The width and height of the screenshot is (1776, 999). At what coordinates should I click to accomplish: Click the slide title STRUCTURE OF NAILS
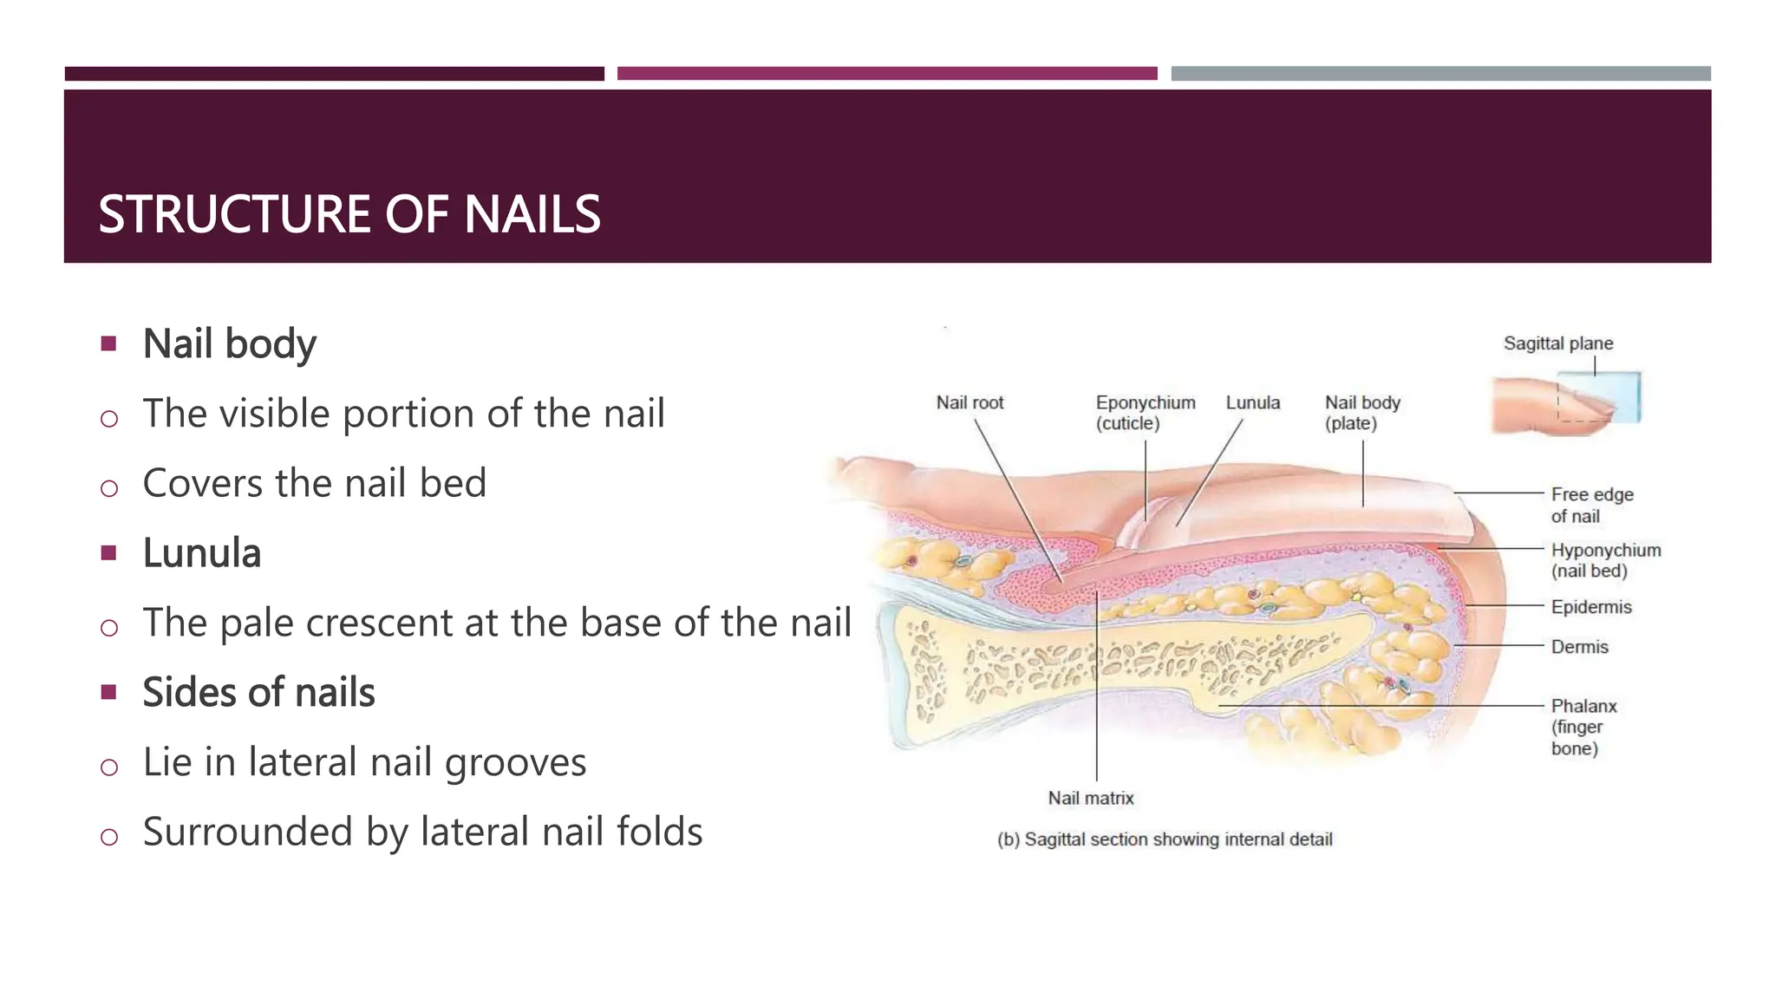[x=349, y=214]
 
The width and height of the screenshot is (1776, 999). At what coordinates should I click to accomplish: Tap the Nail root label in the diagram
[x=970, y=403]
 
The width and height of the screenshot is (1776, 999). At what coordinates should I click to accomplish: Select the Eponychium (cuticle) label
[x=1145, y=413]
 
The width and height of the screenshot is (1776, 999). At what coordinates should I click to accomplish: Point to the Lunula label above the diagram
[x=1252, y=403]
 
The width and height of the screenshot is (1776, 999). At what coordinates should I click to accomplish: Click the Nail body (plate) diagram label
[x=1361, y=413]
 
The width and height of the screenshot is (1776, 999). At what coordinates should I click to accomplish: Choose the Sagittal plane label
[x=1557, y=343]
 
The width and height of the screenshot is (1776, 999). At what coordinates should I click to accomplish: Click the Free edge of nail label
[x=1591, y=505]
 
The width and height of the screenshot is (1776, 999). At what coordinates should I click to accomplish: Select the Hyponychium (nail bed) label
[x=1605, y=560]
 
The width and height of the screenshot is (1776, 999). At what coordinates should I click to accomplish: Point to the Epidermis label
[x=1590, y=607]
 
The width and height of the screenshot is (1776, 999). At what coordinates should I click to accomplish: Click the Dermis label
[x=1579, y=647]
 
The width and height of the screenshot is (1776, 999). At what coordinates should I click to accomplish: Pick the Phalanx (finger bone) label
[x=1583, y=727]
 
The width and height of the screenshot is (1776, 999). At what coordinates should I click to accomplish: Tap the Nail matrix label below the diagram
[x=1090, y=798]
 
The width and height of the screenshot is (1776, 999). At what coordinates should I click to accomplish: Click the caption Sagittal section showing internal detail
[x=1165, y=839]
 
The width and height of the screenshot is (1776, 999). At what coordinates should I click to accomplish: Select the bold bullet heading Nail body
[x=229, y=343]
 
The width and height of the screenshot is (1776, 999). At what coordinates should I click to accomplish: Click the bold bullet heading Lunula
[x=201, y=553]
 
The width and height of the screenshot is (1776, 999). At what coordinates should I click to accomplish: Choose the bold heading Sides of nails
[x=258, y=693]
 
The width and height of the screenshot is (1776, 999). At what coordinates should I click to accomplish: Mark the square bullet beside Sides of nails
[x=108, y=692]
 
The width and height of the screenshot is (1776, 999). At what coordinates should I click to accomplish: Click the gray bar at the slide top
[x=1440, y=74]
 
